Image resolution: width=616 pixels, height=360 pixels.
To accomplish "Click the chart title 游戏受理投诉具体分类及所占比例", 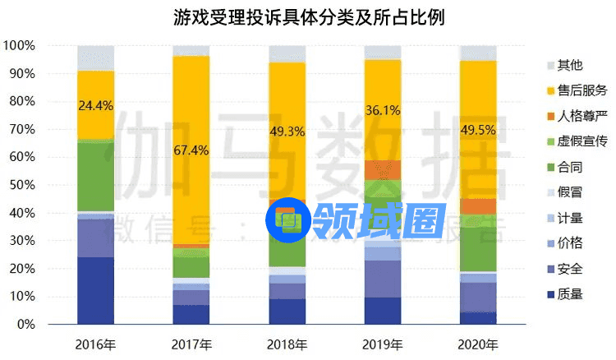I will [x=308, y=16].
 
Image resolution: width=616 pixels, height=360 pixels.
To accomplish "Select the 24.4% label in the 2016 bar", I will [x=95, y=105].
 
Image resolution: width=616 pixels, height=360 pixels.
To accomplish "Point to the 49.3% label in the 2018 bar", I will [x=287, y=131].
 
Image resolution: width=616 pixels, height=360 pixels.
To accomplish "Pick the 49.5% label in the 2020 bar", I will [x=477, y=129].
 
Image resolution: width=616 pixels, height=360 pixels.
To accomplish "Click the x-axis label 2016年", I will [x=95, y=343].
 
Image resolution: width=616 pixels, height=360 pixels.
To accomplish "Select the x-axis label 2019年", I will [x=382, y=343].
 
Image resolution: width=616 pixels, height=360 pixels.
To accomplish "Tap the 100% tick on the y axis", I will [x=19, y=45].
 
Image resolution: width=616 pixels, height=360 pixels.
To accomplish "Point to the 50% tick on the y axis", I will [x=22, y=185].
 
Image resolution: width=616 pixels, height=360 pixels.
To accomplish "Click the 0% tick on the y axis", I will [x=25, y=325].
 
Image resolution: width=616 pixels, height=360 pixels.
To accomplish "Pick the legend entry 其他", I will [x=568, y=65].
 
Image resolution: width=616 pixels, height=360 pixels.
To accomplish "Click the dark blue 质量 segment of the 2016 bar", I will [x=95, y=291].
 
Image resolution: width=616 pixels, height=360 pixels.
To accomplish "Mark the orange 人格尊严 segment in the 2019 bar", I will [x=382, y=169].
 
